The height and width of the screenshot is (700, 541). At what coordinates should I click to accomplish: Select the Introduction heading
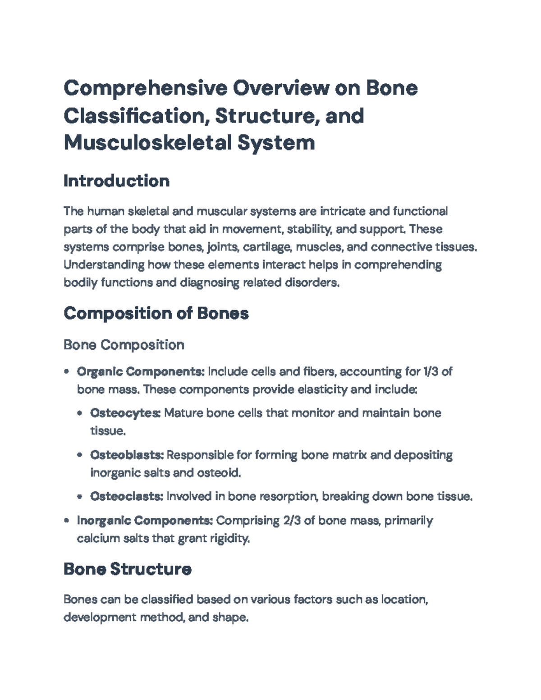pyautogui.click(x=116, y=181)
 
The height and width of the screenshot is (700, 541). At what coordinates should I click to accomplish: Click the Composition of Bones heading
pyautogui.click(x=156, y=313)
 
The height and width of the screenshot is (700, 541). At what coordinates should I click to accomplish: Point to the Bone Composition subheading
pyautogui.click(x=124, y=345)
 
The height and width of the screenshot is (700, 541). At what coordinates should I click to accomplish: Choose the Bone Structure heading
pyautogui.click(x=127, y=569)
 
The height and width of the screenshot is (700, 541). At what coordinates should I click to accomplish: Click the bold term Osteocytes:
pyautogui.click(x=125, y=413)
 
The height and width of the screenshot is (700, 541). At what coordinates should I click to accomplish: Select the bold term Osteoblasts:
pyautogui.click(x=127, y=455)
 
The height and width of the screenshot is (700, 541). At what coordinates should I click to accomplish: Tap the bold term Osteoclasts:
pyautogui.click(x=127, y=496)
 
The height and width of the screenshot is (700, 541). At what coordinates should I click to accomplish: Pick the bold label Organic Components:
pyautogui.click(x=141, y=371)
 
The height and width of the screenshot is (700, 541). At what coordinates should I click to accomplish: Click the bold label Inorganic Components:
pyautogui.click(x=145, y=521)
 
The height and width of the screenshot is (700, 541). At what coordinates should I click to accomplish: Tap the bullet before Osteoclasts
pyautogui.click(x=80, y=497)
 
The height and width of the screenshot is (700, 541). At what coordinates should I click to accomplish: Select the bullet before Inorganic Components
pyautogui.click(x=67, y=521)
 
